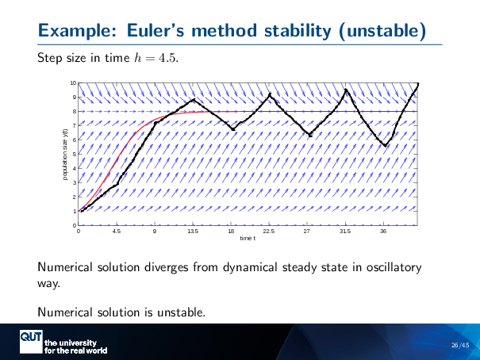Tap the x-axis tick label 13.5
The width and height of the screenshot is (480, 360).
point(193,232)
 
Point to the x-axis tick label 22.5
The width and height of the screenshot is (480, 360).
point(269,232)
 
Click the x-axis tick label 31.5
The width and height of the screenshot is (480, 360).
point(345,232)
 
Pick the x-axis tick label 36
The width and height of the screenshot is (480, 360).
point(383,232)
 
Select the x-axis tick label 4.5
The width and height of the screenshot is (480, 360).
point(117,232)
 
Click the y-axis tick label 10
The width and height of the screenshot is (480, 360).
point(73,83)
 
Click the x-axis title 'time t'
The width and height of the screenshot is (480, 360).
point(248,239)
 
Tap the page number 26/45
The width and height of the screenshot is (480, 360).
point(459,344)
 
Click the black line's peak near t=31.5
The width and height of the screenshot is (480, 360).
point(345,90)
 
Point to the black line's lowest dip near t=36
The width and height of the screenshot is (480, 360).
point(385,146)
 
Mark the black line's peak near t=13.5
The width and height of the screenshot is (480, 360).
point(194,99)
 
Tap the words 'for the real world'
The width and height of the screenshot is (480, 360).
point(75,350)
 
